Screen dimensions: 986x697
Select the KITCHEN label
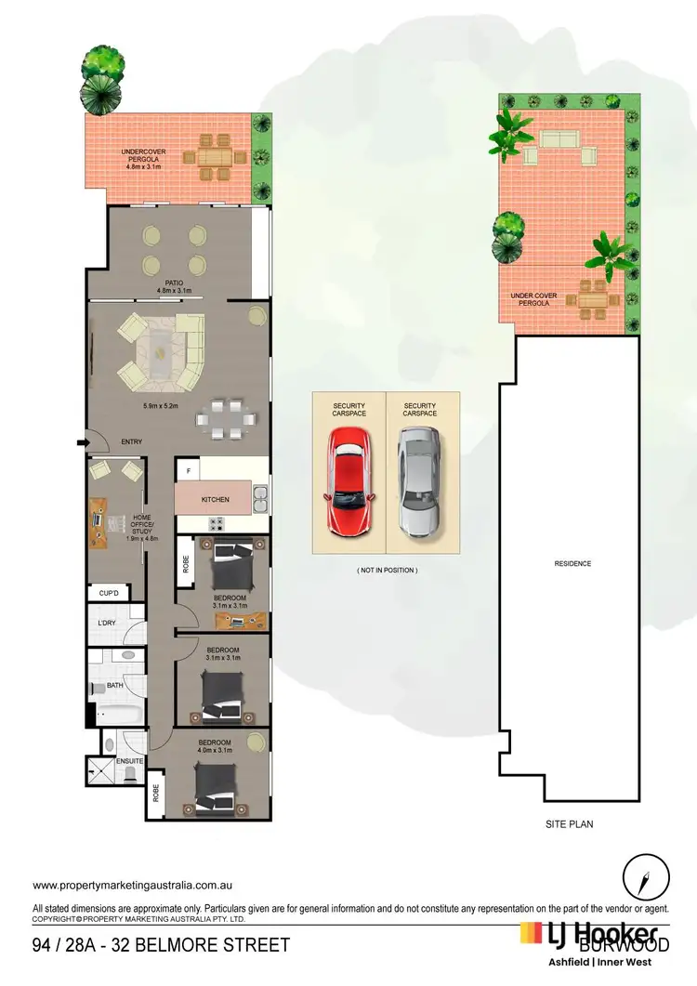click(215, 500)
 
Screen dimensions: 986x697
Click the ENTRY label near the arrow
click(132, 442)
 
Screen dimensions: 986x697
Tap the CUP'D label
click(108, 592)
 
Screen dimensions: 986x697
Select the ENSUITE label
click(128, 761)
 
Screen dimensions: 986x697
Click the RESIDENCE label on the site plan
click(572, 563)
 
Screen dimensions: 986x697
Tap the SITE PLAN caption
click(569, 824)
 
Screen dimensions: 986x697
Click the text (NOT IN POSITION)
click(388, 570)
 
